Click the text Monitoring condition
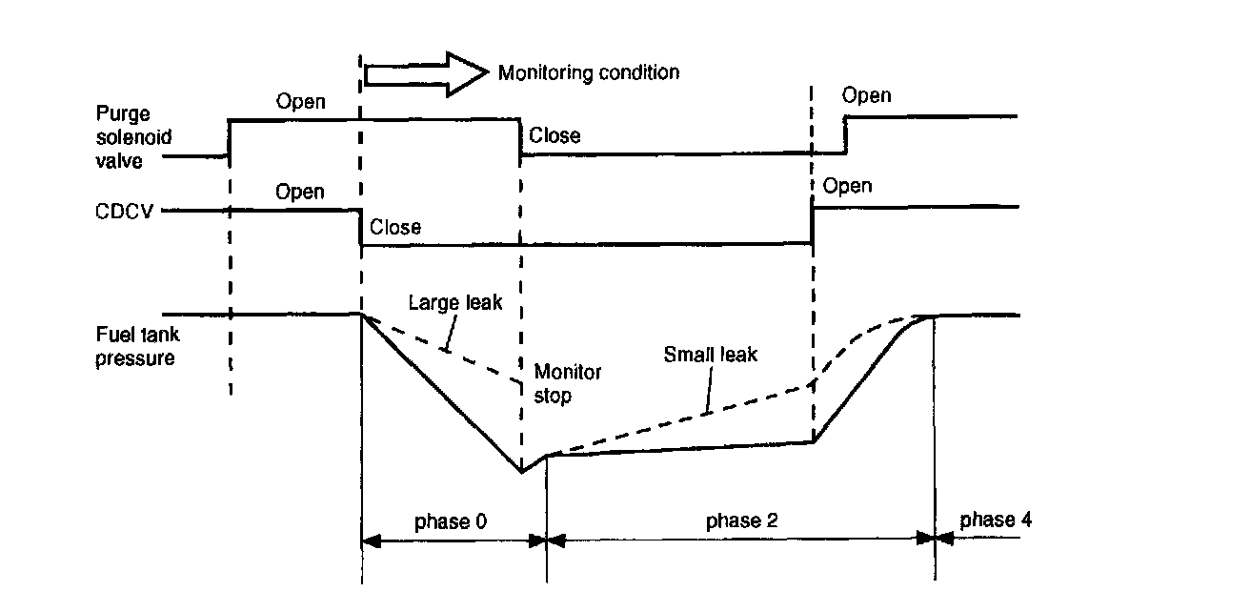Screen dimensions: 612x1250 589,72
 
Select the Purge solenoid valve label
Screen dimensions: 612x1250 134,138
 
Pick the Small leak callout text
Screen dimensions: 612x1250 710,355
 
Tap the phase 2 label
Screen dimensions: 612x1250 741,520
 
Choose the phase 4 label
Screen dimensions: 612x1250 995,520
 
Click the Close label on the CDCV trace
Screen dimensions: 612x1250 395,228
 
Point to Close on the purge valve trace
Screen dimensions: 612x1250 554,135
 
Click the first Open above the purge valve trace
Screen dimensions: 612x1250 301,102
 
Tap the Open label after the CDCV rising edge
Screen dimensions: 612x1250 847,185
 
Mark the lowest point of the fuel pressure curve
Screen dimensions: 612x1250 521,472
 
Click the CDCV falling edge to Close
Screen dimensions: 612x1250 360,227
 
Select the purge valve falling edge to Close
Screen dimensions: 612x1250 519,136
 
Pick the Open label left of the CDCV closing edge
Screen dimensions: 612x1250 300,193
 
